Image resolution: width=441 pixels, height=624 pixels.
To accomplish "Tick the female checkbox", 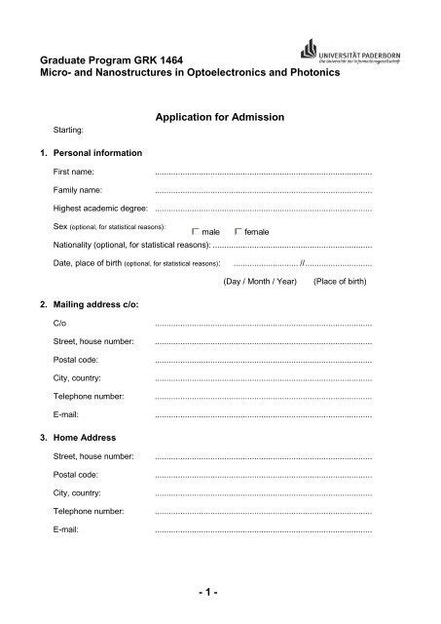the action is coord(239,230).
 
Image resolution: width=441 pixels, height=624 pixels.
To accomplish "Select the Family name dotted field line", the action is coord(263,190).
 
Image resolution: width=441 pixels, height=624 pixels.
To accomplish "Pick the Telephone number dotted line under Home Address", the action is coord(263,511).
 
